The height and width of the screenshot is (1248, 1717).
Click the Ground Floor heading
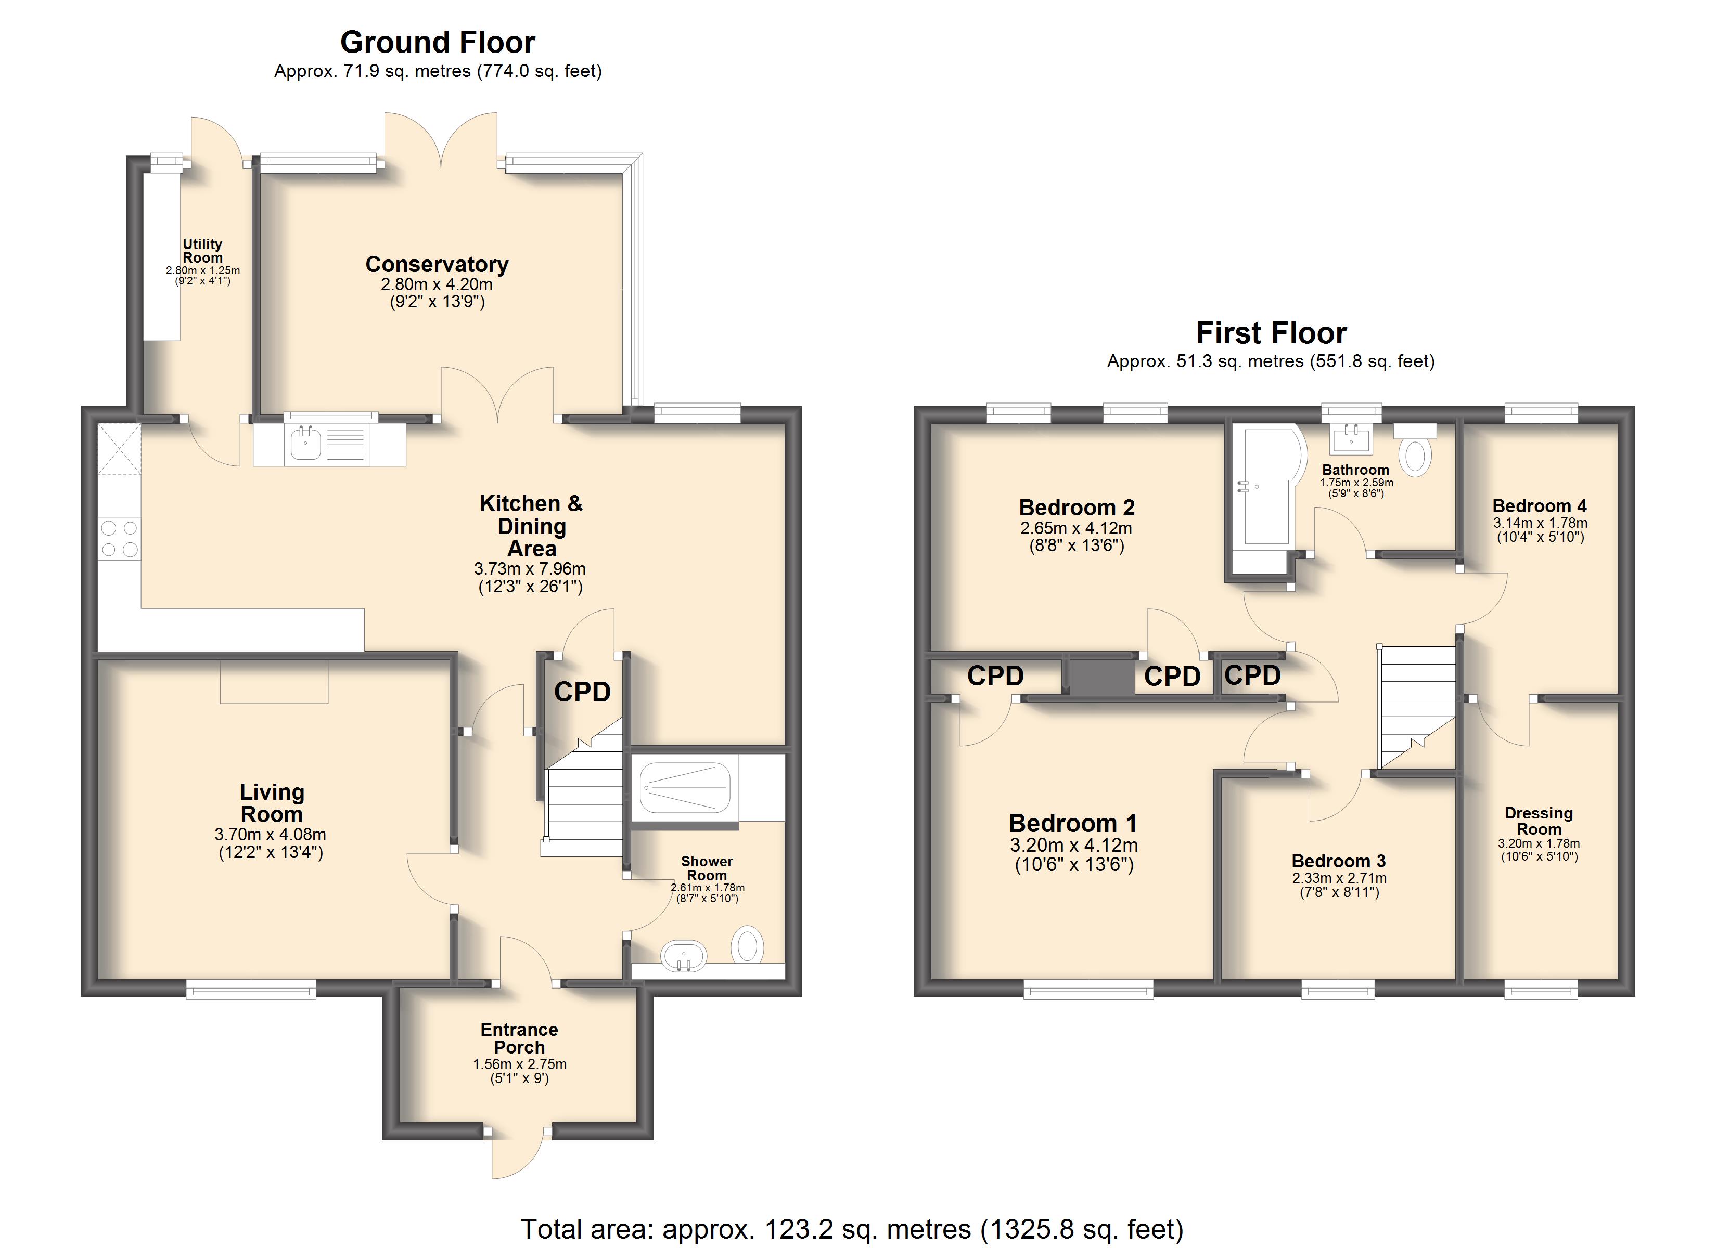click(x=438, y=43)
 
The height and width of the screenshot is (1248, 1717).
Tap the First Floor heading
click(x=1271, y=333)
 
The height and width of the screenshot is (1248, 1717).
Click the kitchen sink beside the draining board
click(x=306, y=443)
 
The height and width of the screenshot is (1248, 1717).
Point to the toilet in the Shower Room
click(x=747, y=945)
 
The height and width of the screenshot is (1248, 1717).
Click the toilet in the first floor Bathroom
click(x=1415, y=450)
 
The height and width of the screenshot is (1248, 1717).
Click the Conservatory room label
click(x=437, y=264)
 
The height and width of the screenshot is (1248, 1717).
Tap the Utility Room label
click(x=202, y=251)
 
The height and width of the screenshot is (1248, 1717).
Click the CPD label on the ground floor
click(x=582, y=692)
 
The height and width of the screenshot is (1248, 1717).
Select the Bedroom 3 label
click(x=1338, y=861)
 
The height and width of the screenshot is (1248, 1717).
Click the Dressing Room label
click(x=1539, y=821)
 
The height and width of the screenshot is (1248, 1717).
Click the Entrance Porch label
click(x=519, y=1038)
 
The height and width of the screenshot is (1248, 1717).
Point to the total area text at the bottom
click(x=852, y=1229)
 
